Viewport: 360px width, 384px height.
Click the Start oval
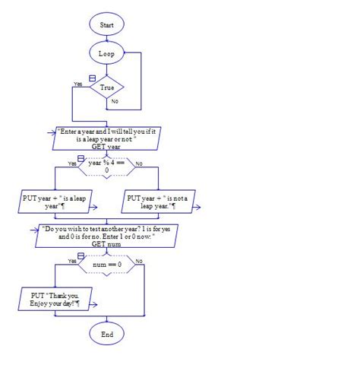pyautogui.click(x=106, y=25)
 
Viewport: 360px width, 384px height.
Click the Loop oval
pyautogui.click(x=106, y=54)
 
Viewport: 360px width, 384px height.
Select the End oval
pyautogui.click(x=106, y=334)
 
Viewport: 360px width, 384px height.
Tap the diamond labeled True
pyautogui.click(x=106, y=88)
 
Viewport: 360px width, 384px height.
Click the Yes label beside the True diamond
pyautogui.click(x=77, y=84)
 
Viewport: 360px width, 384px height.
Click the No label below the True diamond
pyautogui.click(x=115, y=101)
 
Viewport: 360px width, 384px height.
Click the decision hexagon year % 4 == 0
pyautogui.click(x=106, y=166)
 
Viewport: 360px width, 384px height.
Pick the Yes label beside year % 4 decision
pyautogui.click(x=72, y=163)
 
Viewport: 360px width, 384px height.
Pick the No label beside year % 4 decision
pyautogui.click(x=139, y=163)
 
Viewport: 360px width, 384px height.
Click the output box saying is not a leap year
pyautogui.click(x=159, y=202)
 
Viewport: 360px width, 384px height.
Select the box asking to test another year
pyautogui.click(x=106, y=235)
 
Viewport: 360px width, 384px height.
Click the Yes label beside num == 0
pyautogui.click(x=74, y=261)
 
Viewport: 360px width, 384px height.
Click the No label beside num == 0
pyautogui.click(x=139, y=261)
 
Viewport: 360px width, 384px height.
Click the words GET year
pyautogui.click(x=106, y=148)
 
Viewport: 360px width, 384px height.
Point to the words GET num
pyautogui.click(x=106, y=245)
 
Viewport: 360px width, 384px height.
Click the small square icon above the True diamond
pyautogui.click(x=92, y=78)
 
